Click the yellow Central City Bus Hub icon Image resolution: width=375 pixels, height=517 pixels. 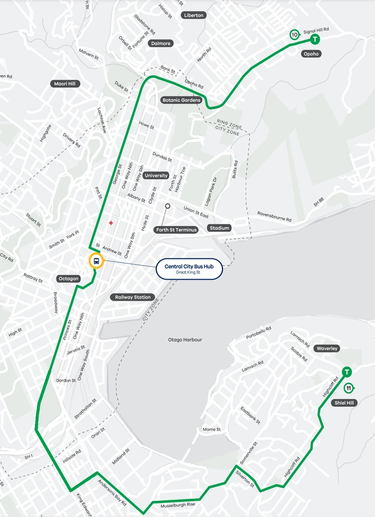[x=96, y=261]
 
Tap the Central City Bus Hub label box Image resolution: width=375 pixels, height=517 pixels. [x=190, y=269]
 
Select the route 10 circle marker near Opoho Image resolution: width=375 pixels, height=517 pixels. [x=295, y=35]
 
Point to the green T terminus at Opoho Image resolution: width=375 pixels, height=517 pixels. [x=315, y=39]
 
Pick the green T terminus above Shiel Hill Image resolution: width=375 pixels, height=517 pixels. [x=346, y=372]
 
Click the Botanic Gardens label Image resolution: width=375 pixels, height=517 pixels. [x=181, y=100]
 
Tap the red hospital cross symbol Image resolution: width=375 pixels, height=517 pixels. [x=110, y=223]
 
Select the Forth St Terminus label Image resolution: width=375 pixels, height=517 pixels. [x=177, y=230]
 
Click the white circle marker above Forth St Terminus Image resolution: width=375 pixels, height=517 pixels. [x=168, y=206]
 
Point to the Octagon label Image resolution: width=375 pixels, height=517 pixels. [x=68, y=279]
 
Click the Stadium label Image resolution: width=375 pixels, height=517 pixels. [x=219, y=228]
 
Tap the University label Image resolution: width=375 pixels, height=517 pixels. [x=156, y=175]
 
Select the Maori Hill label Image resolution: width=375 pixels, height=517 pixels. [x=67, y=83]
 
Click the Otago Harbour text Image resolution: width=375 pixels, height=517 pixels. [x=185, y=340]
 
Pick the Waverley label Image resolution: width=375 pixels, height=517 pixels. [x=327, y=348]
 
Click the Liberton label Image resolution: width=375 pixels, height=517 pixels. [x=194, y=15]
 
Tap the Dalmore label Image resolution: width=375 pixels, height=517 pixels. [x=160, y=43]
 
